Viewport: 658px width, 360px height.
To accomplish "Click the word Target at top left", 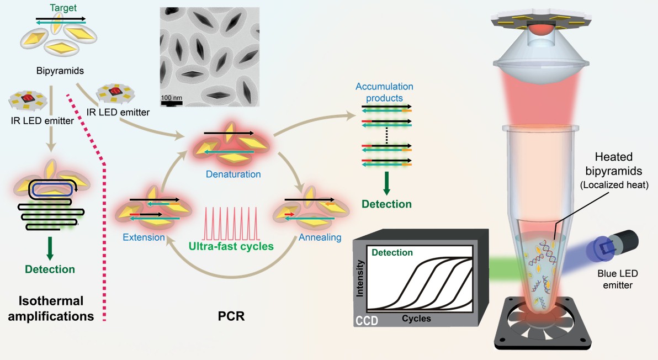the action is point(63,8).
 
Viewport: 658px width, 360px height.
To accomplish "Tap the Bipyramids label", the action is point(60,71).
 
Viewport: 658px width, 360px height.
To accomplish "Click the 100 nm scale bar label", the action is point(172,98).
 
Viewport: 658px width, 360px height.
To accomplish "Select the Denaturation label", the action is point(234,174).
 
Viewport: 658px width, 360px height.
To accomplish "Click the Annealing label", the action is point(320,237).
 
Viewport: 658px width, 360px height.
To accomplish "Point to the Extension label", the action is point(144,237).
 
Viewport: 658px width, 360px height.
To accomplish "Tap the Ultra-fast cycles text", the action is point(231,246).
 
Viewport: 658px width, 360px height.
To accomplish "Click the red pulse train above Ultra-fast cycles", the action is point(231,224).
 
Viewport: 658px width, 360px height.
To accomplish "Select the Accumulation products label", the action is point(384,92).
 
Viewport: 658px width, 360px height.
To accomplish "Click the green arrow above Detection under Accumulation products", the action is point(387,183).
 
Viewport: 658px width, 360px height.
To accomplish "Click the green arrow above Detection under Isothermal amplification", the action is point(50,249).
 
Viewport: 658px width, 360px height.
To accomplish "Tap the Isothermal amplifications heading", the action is point(51,309).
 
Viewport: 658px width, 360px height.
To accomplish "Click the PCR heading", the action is point(231,316).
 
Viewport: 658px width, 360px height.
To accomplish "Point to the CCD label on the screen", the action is point(367,321).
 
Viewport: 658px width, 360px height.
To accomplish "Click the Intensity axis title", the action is point(359,278).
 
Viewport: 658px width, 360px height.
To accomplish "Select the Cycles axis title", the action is point(416,319).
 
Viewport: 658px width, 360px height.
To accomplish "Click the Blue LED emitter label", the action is point(618,279).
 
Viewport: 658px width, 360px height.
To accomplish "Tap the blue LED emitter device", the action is point(615,247).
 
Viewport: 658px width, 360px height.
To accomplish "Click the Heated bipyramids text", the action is point(613,164).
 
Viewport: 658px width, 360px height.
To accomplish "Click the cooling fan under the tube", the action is point(543,322).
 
